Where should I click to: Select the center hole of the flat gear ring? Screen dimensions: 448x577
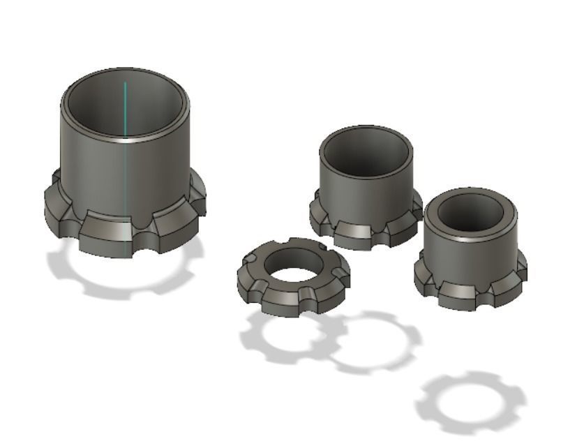tap(294, 265)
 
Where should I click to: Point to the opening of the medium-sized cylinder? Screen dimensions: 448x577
tap(365, 151)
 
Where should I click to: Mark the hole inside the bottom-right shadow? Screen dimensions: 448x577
tap(469, 402)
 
